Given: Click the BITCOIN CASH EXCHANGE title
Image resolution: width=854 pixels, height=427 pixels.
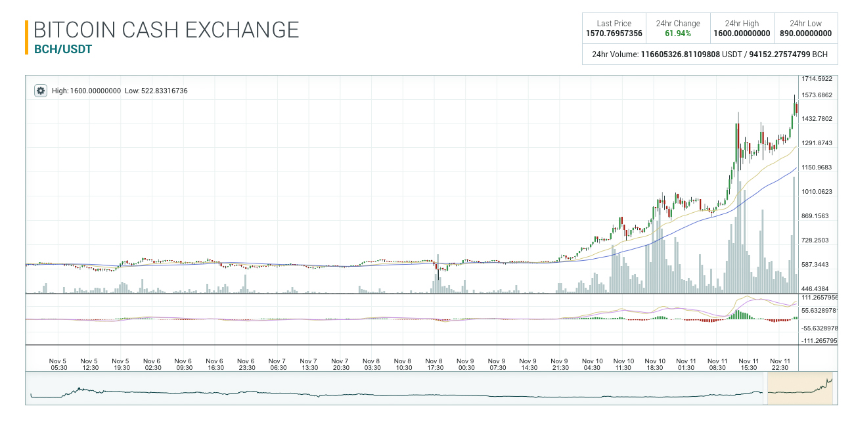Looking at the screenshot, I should tap(166, 30).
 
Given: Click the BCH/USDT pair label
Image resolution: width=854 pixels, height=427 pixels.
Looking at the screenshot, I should tap(63, 49).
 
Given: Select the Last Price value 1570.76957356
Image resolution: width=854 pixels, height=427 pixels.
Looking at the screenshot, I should tap(614, 34).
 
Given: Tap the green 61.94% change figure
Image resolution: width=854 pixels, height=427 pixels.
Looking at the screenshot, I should tap(678, 34).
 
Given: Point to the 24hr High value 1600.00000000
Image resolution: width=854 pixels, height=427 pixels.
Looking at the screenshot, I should tap(742, 34).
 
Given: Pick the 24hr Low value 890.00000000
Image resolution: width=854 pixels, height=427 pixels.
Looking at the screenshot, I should tap(805, 34).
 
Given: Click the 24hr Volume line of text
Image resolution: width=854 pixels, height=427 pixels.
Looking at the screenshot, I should tap(709, 55).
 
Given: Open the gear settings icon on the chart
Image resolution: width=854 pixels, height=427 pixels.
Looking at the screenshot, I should tap(41, 91).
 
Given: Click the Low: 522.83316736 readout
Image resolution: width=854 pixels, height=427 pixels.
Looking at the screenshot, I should tap(156, 91).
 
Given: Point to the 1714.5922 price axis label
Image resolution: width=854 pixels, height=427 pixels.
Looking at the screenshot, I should tap(817, 79).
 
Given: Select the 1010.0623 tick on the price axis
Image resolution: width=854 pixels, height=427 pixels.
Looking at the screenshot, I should tap(817, 192).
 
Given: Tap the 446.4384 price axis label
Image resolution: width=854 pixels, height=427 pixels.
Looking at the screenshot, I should tap(817, 288).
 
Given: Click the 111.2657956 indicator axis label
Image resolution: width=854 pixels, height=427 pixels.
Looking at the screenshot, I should tap(819, 298).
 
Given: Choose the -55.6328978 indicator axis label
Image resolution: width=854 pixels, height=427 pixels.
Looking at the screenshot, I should tap(819, 328).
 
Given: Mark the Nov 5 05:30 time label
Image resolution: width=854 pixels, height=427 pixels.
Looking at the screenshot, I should tap(58, 364).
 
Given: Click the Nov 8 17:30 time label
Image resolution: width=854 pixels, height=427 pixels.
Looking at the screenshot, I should tap(434, 364).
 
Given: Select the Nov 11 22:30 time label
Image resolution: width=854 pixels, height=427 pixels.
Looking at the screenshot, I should tap(780, 364).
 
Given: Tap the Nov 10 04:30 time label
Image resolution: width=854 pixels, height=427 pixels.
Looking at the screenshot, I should tap(592, 364).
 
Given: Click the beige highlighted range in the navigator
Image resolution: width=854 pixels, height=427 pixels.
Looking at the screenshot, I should tap(800, 389).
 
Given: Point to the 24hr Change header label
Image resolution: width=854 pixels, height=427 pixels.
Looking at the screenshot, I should tap(678, 24).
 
